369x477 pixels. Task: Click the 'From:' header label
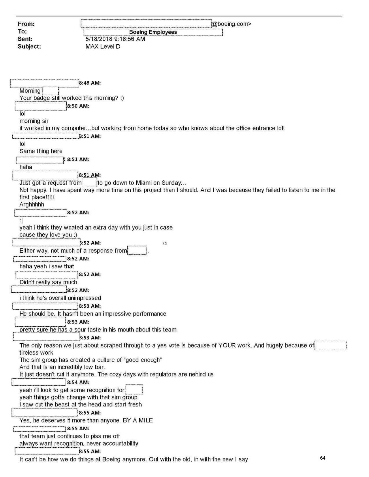[26, 24]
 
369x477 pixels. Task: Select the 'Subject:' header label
[29, 46]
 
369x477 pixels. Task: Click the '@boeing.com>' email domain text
[231, 24]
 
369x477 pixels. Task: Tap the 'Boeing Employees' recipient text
[153, 32]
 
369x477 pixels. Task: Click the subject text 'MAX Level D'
[103, 46]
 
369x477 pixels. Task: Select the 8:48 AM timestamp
[90, 83]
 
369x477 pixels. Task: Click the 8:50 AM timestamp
[78, 106]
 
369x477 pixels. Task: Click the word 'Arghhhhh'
[32, 205]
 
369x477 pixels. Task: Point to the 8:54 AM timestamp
[78, 383]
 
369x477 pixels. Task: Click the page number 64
[323, 458]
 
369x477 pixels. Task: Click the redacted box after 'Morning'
[51, 91]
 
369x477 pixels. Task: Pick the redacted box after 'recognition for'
[134, 390]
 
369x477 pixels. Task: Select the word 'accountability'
[120, 443]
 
